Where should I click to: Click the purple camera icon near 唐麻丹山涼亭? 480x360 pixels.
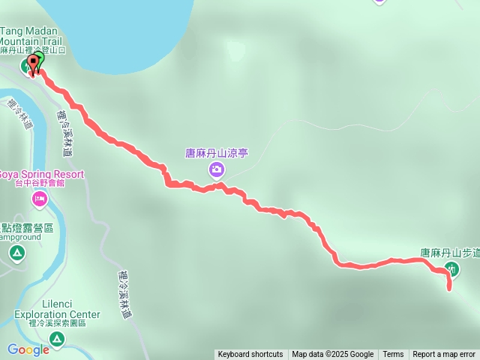[217, 170]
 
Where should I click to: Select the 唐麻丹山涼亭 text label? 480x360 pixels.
[217, 153]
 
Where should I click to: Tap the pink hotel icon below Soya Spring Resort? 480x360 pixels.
[38, 199]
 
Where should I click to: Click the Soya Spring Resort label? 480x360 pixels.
[41, 175]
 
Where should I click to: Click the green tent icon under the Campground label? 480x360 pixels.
[17, 254]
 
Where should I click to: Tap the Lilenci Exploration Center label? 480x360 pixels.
[57, 309]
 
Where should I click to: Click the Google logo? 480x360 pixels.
[28, 349]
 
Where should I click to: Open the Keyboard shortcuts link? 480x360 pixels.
[250, 355]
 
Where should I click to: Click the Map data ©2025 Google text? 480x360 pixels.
[333, 355]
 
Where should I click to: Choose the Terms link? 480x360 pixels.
[393, 355]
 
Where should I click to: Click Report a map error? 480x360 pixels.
[444, 355]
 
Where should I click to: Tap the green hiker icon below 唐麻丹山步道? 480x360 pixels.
[451, 268]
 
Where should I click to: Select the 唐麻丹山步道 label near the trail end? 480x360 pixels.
[449, 253]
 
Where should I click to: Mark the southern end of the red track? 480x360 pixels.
[449, 289]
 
